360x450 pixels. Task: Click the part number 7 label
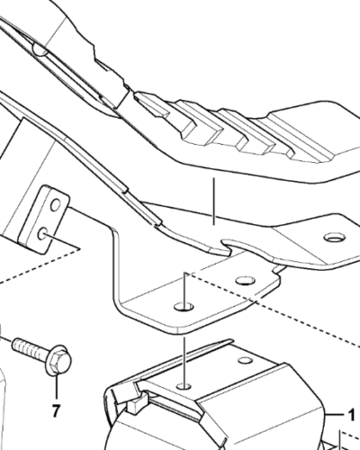click(x=56, y=410)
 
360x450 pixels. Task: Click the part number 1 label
click(x=350, y=416)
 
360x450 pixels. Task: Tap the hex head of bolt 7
click(x=58, y=360)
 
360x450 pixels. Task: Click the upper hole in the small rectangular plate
click(x=56, y=205)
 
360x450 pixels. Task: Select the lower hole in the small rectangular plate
click(x=42, y=233)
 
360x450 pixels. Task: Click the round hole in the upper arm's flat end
click(x=335, y=238)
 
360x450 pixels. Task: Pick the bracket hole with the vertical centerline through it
click(x=184, y=307)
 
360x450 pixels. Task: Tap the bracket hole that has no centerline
click(x=246, y=281)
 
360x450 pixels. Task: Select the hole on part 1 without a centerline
click(x=246, y=360)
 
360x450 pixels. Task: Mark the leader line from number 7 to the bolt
click(x=56, y=387)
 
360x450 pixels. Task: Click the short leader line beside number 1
click(x=336, y=415)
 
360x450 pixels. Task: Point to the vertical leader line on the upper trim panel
click(x=213, y=201)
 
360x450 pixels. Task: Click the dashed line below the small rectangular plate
click(x=39, y=265)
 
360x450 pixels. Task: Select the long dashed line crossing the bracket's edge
click(x=273, y=309)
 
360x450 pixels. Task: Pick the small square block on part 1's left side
click(x=134, y=405)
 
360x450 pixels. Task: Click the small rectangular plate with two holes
click(x=44, y=220)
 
